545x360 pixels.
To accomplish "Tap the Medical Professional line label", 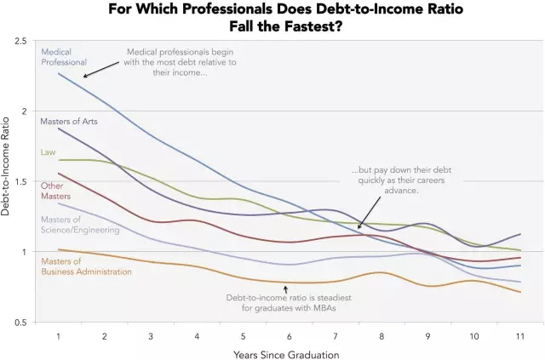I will [x=65, y=56].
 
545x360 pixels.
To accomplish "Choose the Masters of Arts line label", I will [x=69, y=122].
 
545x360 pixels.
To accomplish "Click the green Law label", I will [x=48, y=152].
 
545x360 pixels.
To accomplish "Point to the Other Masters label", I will [x=55, y=191].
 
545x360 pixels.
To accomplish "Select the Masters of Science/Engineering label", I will [x=80, y=225].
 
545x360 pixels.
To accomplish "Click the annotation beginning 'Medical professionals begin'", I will [x=181, y=61].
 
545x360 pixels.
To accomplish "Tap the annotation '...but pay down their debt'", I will [x=395, y=180].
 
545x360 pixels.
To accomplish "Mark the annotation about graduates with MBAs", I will [x=289, y=302].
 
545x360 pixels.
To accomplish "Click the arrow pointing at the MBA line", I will [x=286, y=289].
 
